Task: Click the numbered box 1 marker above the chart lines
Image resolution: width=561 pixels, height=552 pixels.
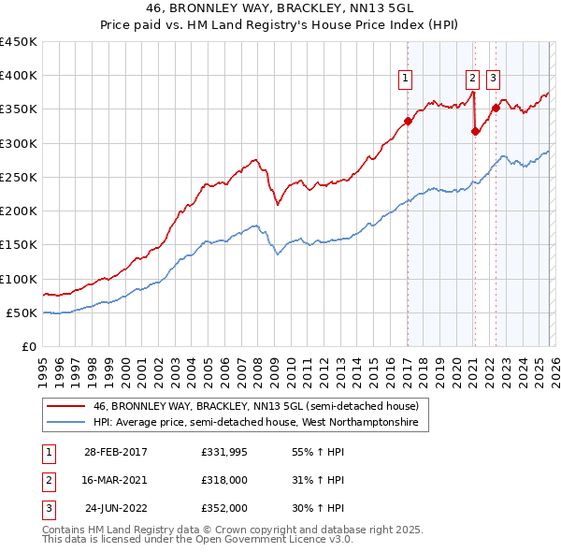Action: (407, 80)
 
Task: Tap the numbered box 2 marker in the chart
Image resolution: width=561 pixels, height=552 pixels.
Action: (473, 80)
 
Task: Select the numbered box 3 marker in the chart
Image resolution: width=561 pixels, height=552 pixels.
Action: (493, 80)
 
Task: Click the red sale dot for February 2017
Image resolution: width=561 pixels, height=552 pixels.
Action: (408, 121)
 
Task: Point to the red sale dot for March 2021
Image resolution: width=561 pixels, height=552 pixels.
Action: (475, 131)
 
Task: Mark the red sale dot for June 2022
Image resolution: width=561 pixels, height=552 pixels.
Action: (496, 108)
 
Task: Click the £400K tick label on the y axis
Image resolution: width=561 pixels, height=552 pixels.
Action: (19, 76)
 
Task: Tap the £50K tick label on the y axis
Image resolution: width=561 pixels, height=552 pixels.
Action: (22, 312)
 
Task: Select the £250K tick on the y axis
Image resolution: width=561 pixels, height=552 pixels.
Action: (19, 177)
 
